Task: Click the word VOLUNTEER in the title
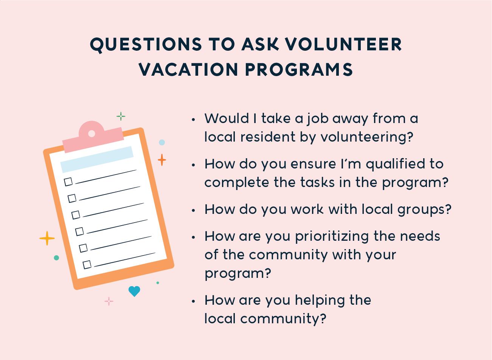pos(343,44)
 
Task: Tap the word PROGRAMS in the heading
pos(299,70)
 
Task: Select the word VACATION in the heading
pos(188,70)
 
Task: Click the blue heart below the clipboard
pos(134,291)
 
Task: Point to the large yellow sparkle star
pos(47,238)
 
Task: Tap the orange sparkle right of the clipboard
pos(162,160)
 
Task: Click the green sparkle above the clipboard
pos(121,116)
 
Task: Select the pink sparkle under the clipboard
pos(109,301)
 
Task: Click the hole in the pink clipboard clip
pos(92,134)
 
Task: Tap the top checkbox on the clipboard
pos(68,182)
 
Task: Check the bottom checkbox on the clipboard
pos(87,265)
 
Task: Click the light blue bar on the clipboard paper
pos(97,159)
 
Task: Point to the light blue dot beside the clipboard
pos(162,142)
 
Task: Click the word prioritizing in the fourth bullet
pos(332,237)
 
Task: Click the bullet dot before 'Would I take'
pos(193,120)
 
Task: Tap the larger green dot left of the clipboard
pos(56,258)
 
